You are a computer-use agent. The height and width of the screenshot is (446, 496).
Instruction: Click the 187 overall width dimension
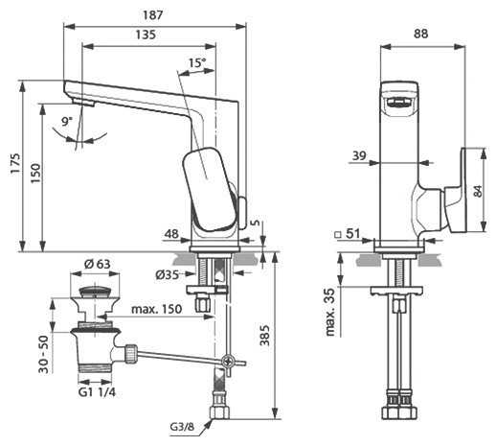point(153,15)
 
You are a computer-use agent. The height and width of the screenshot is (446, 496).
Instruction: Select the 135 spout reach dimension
point(146,35)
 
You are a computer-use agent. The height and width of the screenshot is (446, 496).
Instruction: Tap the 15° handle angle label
point(197,62)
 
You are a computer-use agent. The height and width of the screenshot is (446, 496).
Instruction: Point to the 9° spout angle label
point(67,122)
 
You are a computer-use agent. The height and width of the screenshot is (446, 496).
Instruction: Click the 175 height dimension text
point(15,163)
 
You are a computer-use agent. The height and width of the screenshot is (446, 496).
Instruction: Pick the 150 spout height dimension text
point(35,173)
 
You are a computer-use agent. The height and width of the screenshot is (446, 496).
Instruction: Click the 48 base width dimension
point(171,234)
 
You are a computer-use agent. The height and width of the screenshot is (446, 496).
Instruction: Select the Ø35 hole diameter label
point(167,274)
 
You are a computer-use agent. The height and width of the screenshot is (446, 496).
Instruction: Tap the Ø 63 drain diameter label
point(98,264)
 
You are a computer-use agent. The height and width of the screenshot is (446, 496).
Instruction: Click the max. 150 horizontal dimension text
point(157,309)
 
